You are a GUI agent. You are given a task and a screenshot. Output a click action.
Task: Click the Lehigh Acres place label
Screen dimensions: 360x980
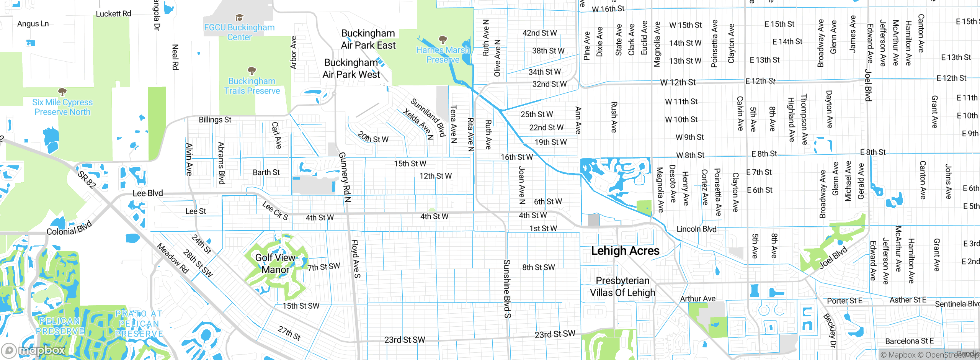(625, 251)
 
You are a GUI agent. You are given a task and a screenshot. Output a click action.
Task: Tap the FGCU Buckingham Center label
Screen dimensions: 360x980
(239, 32)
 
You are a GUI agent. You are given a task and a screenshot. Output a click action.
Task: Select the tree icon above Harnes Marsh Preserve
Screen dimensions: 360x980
(443, 39)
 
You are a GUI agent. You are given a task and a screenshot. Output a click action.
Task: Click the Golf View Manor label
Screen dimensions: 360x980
(275, 263)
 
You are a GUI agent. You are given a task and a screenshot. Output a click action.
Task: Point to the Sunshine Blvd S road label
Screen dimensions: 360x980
(507, 289)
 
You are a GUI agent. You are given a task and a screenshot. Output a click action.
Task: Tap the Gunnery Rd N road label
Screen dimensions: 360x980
(345, 177)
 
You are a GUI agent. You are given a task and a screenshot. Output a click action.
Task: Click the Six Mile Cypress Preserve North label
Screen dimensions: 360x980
(62, 107)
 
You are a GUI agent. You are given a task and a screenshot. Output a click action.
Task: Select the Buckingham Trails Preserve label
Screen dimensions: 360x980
(252, 86)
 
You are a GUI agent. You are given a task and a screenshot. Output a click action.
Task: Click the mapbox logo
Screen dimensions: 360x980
(34, 350)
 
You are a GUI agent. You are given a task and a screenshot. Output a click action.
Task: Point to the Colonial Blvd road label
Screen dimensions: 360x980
(69, 228)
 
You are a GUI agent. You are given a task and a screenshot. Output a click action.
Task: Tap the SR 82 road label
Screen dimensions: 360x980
(87, 180)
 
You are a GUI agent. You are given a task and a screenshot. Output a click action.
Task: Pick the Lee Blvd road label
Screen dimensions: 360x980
(148, 193)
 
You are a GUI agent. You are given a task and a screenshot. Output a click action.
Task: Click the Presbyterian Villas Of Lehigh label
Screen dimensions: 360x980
(622, 286)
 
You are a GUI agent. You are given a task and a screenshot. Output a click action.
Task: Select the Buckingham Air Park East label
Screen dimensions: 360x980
(368, 39)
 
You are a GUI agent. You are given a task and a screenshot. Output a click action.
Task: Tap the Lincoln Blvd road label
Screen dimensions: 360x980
(696, 229)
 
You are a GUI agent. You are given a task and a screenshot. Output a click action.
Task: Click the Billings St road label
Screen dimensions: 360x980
(215, 119)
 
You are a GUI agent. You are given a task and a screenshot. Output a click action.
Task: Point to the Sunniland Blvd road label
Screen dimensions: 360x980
(428, 117)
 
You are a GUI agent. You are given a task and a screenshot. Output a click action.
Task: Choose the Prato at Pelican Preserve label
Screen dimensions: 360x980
(139, 324)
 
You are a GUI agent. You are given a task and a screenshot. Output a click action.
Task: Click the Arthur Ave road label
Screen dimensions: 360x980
(697, 299)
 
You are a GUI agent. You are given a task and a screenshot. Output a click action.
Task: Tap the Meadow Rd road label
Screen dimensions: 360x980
(173, 259)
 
